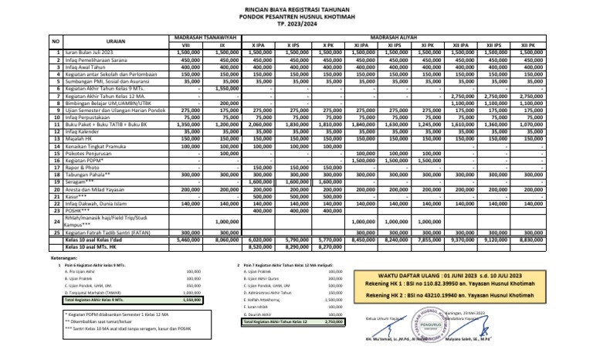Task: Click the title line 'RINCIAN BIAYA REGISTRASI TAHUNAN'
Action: click(x=296, y=8)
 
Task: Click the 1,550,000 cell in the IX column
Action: click(x=224, y=88)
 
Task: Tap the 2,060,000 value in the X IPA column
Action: click(x=259, y=124)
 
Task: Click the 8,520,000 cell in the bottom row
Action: click(x=259, y=247)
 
